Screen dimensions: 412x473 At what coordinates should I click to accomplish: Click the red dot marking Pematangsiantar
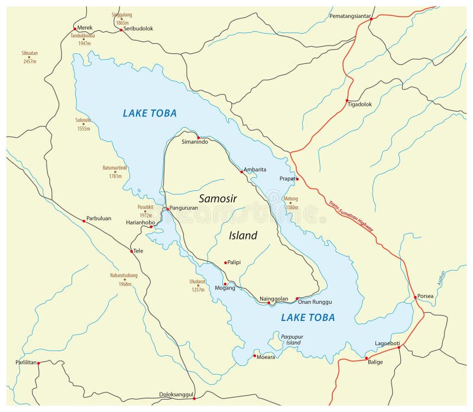(371, 19)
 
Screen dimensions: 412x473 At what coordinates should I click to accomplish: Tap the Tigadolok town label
(359, 105)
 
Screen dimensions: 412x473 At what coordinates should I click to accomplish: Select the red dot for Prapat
(297, 179)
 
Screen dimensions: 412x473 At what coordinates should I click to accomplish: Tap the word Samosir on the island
(218, 199)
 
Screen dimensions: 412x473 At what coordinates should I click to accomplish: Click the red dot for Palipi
(225, 262)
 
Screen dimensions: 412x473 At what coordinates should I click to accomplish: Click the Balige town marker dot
(367, 358)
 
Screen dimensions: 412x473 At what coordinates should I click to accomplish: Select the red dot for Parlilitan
(38, 363)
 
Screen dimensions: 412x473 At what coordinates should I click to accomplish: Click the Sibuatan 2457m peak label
(30, 57)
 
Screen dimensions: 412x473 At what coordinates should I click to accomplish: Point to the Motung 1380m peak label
(290, 203)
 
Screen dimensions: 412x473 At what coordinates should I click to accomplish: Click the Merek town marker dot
(74, 28)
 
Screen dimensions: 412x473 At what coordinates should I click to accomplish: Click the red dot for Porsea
(415, 297)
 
